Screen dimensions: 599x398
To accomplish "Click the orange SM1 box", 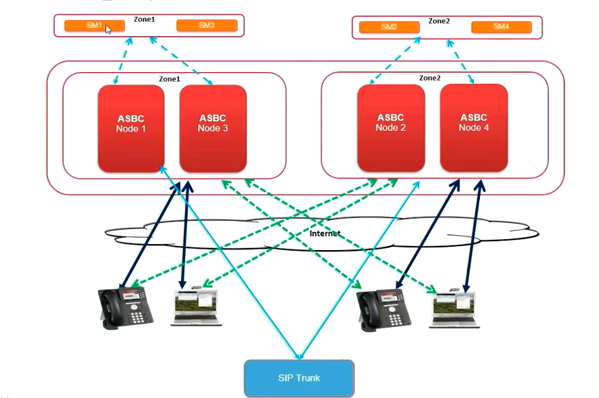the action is [95, 26].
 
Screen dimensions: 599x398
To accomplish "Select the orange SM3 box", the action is [207, 26].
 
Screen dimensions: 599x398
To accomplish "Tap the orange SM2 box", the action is [389, 27].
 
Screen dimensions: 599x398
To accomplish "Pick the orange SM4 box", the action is [501, 27].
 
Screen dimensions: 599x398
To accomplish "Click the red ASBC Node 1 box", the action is [131, 128].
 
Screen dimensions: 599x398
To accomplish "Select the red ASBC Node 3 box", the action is [213, 128].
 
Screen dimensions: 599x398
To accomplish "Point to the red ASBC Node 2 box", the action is [391, 127].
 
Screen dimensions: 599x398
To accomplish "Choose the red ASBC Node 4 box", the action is [474, 127].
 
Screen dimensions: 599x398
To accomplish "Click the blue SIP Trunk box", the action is [299, 378].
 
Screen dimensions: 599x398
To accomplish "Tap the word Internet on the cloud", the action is [325, 234].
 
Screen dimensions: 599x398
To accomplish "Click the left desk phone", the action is [125, 307].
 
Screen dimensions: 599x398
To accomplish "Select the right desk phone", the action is [383, 310].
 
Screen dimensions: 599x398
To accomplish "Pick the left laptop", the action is [196, 307].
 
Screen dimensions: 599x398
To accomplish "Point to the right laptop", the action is [454, 309].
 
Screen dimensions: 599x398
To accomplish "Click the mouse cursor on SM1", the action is [108, 29].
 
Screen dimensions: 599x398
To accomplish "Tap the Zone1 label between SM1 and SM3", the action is [144, 19].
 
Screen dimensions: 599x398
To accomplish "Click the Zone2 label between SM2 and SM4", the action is [439, 21].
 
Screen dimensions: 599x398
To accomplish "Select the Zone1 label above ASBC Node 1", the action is [169, 79].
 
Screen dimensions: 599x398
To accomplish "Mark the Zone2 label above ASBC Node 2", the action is [430, 78].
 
